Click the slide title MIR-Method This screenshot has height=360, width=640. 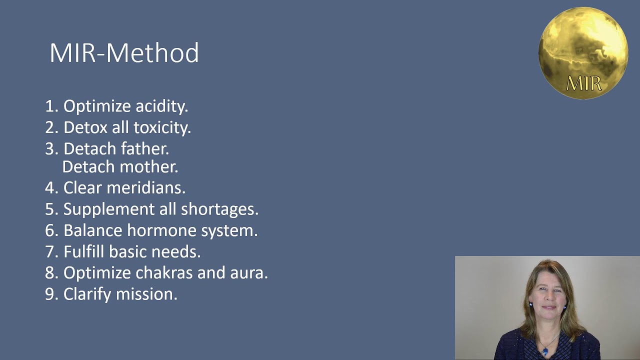(x=124, y=53)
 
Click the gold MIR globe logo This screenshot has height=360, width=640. (x=583, y=52)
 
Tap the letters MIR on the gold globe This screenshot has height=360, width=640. (x=583, y=83)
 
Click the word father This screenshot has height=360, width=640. (x=146, y=149)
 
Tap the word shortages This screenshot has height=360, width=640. (x=220, y=209)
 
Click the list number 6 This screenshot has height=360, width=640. (x=50, y=231)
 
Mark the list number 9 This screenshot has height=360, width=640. (x=50, y=294)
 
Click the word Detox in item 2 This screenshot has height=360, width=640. (x=85, y=127)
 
